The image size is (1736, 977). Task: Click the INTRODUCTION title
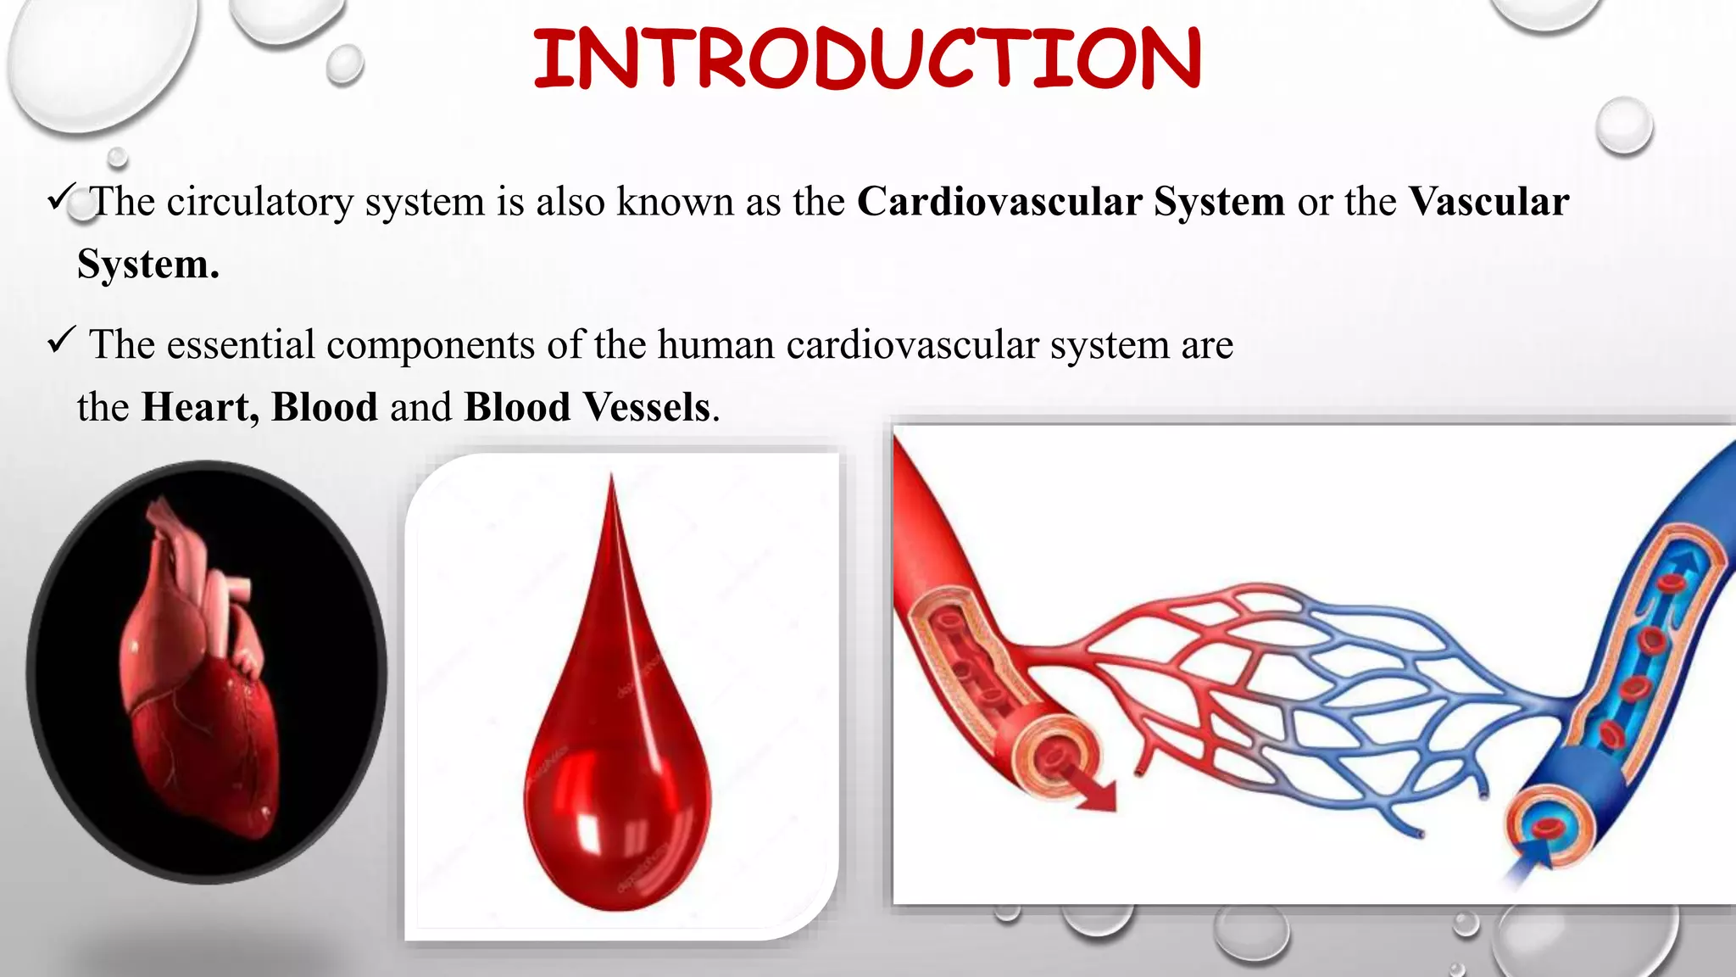(x=866, y=59)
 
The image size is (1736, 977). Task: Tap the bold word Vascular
(x=1488, y=202)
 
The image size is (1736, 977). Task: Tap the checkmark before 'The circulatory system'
(x=62, y=197)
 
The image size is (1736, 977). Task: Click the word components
(x=431, y=345)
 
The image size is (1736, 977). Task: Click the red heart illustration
(x=203, y=670)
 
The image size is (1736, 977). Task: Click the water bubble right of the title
(x=1623, y=126)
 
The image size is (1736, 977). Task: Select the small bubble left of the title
(x=344, y=64)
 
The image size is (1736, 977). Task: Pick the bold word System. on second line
(x=148, y=265)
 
